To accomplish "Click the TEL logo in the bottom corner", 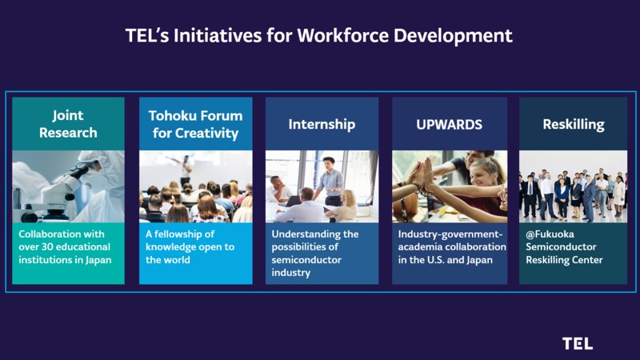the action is click(x=577, y=344).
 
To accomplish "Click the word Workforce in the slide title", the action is click(x=343, y=35).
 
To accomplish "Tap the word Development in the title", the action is click(x=453, y=36).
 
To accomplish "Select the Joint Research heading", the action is click(x=68, y=124).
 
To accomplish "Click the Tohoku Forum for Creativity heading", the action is click(x=195, y=124).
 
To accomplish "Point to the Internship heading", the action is click(x=322, y=124).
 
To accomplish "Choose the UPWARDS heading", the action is click(x=449, y=125).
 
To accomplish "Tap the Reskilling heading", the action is click(x=574, y=125).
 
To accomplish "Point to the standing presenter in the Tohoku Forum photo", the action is click(x=186, y=170).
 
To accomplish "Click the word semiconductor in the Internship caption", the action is click(x=306, y=259).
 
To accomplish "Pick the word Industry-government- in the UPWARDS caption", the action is click(x=450, y=234).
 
